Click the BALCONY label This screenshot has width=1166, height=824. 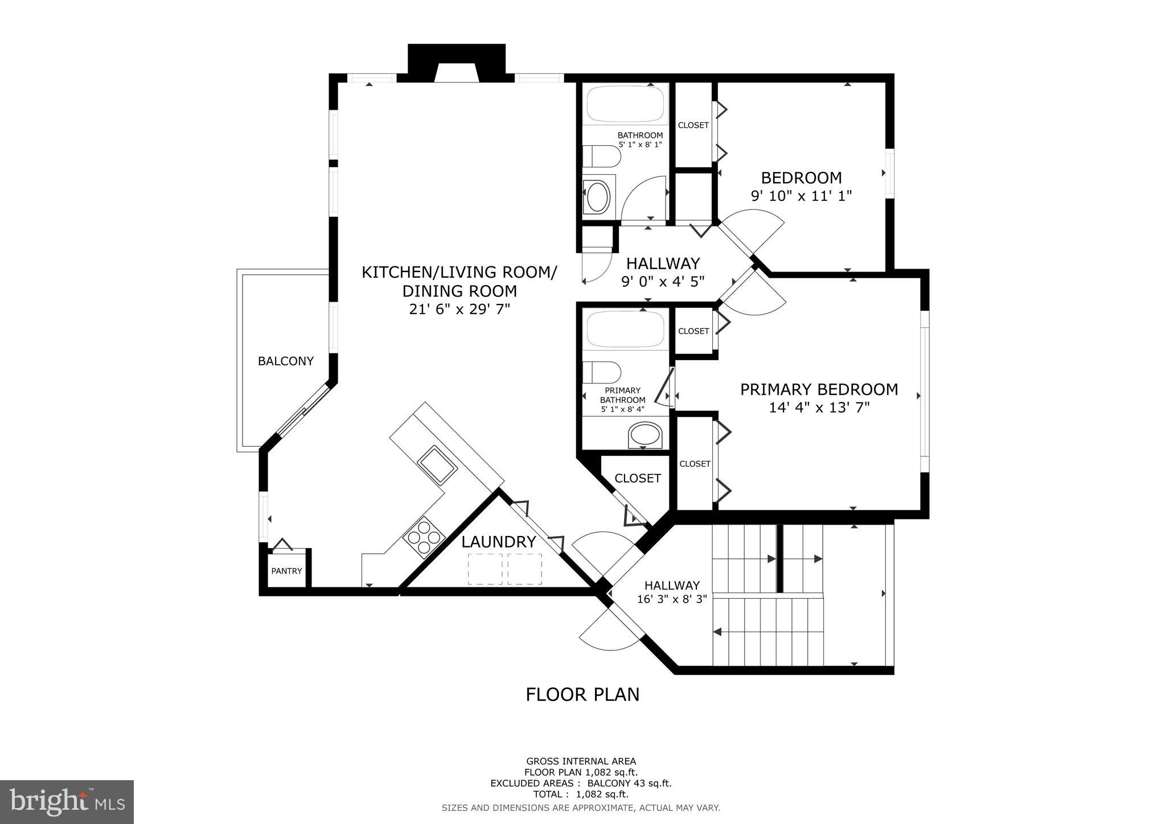[285, 361]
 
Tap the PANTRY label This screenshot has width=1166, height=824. [286, 571]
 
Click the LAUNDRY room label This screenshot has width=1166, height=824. [499, 542]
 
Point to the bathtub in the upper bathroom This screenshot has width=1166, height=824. [625, 104]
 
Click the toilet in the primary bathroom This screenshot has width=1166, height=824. [601, 373]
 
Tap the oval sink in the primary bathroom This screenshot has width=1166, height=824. [645, 436]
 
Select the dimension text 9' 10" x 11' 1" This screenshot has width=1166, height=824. [801, 196]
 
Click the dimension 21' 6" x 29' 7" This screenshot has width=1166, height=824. [459, 309]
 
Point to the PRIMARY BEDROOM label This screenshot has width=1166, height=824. [819, 389]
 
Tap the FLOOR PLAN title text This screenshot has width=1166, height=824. [582, 694]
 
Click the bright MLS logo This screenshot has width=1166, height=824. [67, 802]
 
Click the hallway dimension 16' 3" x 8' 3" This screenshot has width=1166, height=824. [672, 599]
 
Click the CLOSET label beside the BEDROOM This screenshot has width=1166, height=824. [693, 125]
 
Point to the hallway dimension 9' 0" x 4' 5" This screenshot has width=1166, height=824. [663, 281]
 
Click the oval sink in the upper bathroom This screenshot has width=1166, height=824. [598, 197]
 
